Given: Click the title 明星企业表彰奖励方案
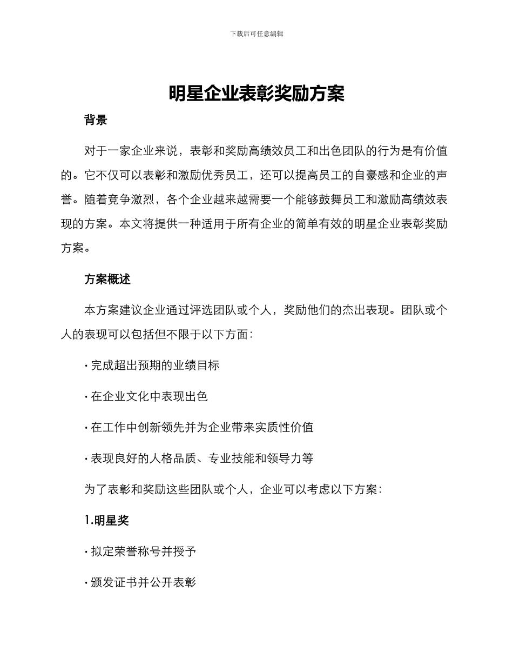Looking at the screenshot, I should click(256, 94).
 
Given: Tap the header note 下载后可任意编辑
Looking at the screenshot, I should click(256, 34).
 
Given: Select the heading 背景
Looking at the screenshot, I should click(96, 120).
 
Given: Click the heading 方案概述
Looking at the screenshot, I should click(107, 280).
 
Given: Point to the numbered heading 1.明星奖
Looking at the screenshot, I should click(107, 520).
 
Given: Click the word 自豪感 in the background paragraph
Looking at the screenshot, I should click(371, 175).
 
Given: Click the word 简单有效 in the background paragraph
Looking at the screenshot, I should click(319, 224).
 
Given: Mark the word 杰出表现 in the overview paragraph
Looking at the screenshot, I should click(366, 310).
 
